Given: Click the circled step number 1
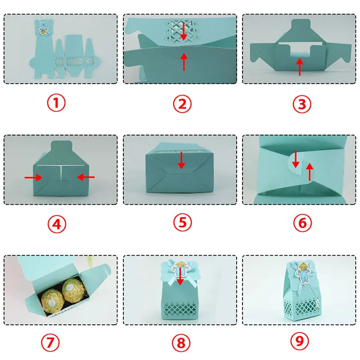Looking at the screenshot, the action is click(x=56, y=103).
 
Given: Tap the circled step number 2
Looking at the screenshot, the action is click(x=182, y=104).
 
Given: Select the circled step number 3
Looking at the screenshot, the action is click(x=302, y=104).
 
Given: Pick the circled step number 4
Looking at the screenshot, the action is click(x=57, y=224).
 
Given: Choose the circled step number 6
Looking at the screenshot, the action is click(x=302, y=223).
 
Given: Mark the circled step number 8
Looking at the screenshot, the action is click(x=181, y=343).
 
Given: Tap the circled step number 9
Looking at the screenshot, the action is click(x=300, y=341).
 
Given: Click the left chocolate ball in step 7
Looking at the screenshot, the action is click(x=52, y=301).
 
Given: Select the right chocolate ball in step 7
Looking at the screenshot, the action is click(x=72, y=290).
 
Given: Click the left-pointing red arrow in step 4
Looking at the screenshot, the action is click(x=86, y=177).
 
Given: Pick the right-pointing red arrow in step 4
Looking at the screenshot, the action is click(x=33, y=177).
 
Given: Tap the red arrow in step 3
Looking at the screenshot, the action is click(x=299, y=67).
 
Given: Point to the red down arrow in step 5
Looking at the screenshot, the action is click(x=181, y=160).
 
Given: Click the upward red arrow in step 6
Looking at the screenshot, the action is click(x=310, y=172).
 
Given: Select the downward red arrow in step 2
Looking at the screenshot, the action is click(x=183, y=31).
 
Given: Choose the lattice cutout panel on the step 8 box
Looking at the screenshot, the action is click(x=180, y=309).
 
